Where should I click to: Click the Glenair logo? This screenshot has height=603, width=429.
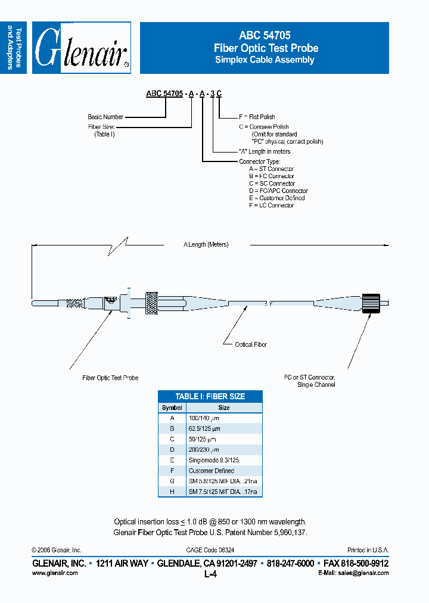(82, 48)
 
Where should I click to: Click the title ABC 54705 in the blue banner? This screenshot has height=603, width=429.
(265, 36)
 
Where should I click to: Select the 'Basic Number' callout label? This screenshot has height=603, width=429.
(105, 117)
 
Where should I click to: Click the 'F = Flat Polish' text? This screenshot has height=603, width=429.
(257, 117)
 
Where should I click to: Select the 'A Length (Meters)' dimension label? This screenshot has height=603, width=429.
(206, 245)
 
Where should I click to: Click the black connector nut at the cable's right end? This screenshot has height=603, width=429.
(372, 303)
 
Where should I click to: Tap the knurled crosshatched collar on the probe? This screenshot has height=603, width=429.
(151, 303)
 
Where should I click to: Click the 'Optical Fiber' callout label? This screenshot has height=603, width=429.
(251, 344)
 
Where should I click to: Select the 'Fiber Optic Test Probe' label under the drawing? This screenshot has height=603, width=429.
(110, 378)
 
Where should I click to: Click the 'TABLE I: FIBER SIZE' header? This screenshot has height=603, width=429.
(210, 396)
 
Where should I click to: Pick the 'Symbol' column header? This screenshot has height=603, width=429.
(172, 408)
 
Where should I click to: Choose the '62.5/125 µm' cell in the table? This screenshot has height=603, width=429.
(204, 428)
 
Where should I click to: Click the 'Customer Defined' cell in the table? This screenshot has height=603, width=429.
(212, 471)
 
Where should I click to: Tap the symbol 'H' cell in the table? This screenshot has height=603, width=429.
(172, 492)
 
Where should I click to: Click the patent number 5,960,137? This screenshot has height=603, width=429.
(288, 532)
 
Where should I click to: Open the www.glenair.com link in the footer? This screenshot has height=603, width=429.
(54, 573)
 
